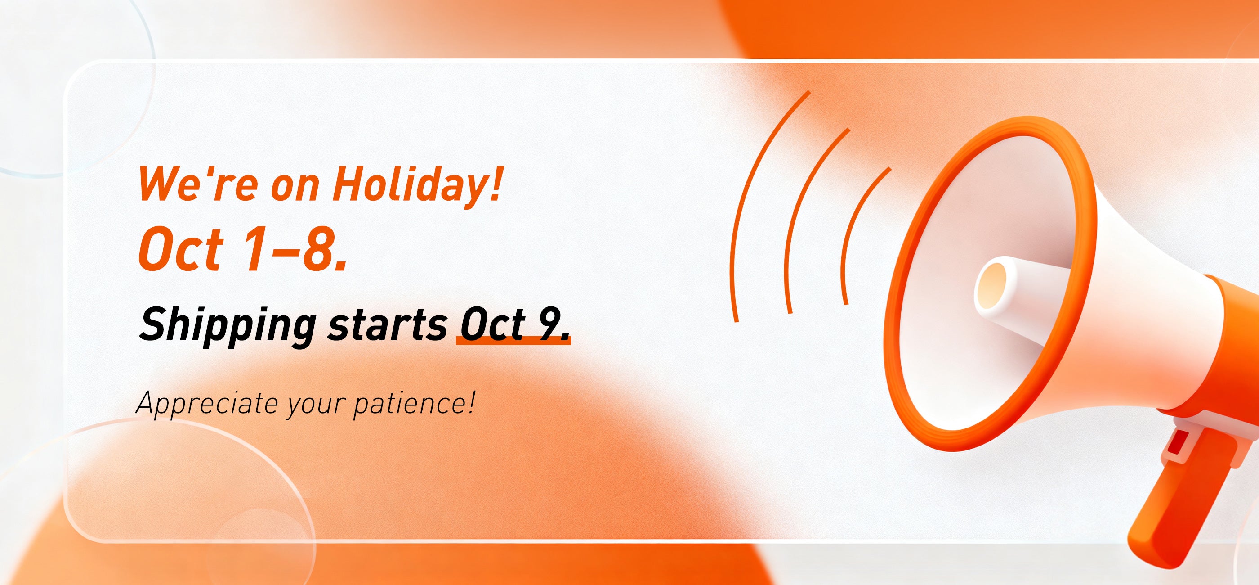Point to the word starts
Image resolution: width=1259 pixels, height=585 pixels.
pos(387,325)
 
